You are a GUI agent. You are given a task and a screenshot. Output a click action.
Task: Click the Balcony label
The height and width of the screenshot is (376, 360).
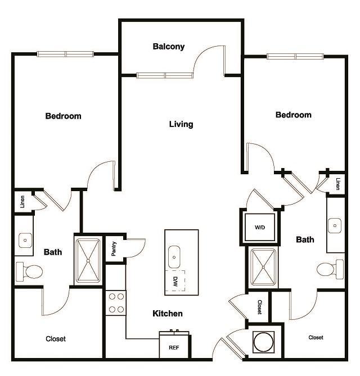(168, 47)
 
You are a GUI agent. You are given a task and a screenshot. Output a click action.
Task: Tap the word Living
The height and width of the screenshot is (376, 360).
(181, 124)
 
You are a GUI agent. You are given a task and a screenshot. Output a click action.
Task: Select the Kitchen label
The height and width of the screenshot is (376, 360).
(168, 314)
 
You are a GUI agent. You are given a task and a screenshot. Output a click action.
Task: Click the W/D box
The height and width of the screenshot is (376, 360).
(259, 228)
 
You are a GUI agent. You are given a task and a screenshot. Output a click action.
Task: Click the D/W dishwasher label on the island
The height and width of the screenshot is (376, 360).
(175, 279)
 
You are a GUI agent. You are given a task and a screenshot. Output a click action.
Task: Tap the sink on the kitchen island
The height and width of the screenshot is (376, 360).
(174, 257)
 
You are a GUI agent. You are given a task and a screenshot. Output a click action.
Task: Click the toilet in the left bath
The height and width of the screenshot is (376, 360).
(29, 271)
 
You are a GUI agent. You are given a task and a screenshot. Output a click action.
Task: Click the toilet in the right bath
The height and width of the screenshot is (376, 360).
(330, 268)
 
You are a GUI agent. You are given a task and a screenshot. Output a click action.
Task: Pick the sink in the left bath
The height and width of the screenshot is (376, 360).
(25, 241)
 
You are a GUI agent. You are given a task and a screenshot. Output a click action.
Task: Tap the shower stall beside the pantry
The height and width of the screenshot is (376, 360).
(87, 261)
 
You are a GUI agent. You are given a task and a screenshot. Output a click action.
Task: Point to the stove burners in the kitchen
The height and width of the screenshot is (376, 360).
(116, 303)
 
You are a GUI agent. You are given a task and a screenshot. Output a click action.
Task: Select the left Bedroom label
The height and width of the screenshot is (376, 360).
(63, 116)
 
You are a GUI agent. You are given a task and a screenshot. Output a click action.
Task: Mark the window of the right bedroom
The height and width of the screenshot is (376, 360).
(296, 56)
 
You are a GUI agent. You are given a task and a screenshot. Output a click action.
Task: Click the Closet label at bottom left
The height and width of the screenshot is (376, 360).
(56, 339)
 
